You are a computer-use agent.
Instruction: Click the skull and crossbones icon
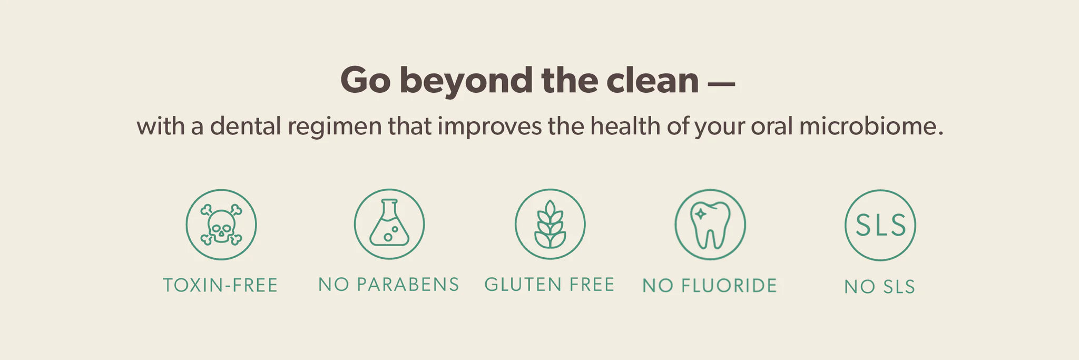pyautogui.click(x=221, y=225)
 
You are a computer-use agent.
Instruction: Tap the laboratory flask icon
pyautogui.click(x=389, y=224)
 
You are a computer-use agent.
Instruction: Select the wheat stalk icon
pyautogui.click(x=550, y=224)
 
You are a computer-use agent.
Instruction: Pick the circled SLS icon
pyautogui.click(x=880, y=225)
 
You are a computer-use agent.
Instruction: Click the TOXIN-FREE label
pyautogui.click(x=220, y=285)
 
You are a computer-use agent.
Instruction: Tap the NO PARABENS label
pyautogui.click(x=389, y=285)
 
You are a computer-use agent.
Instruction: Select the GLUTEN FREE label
pyautogui.click(x=550, y=285)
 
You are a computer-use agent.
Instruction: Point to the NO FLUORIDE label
pyautogui.click(x=710, y=286)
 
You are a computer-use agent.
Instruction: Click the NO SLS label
pyautogui.click(x=879, y=287)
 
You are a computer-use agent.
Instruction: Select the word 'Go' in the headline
pyautogui.click(x=365, y=80)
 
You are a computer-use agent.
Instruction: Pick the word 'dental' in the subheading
pyautogui.click(x=246, y=127)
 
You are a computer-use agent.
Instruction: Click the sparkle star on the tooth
pyautogui.click(x=701, y=214)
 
